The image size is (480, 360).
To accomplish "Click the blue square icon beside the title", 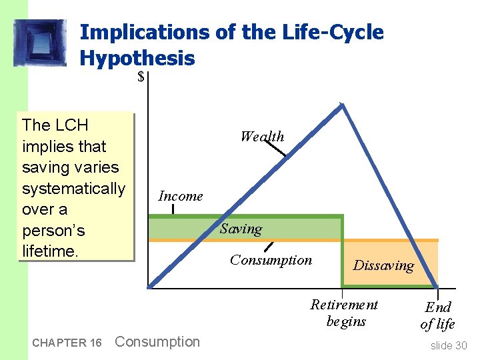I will [x=41, y=43].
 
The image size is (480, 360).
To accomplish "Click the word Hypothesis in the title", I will [x=137, y=59].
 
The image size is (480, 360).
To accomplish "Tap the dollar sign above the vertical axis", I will [x=141, y=77].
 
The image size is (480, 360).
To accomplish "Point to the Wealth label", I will [x=262, y=137].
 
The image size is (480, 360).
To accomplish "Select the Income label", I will [x=180, y=196].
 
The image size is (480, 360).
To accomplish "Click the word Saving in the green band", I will [x=241, y=229].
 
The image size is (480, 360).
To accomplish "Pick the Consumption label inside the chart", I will [x=271, y=260].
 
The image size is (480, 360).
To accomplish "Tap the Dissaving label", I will [x=383, y=265].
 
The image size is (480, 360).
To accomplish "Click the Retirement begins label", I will [x=345, y=313].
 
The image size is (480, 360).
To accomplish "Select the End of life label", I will [x=438, y=315].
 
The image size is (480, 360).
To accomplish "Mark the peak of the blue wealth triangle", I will [x=342, y=105].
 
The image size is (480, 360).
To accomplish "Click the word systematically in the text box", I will [x=73, y=189].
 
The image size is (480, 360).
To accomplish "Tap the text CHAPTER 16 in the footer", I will [x=67, y=343].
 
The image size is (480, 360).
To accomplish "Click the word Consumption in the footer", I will [x=157, y=342].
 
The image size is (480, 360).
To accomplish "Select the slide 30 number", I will [x=449, y=345].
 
